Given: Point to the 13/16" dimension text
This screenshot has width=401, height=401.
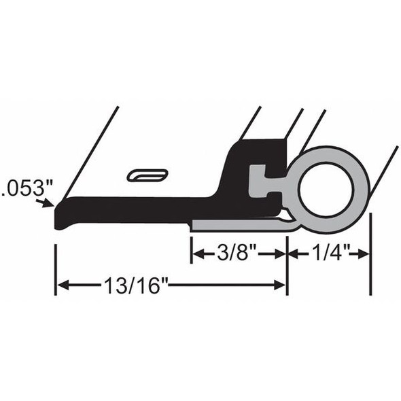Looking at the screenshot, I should click(137, 285).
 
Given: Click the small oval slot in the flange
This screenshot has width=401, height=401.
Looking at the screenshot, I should click(147, 175).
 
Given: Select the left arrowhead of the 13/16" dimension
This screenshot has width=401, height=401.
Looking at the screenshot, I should click(62, 285).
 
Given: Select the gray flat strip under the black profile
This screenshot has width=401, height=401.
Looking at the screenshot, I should click(238, 226).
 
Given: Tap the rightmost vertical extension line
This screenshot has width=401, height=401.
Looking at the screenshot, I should click(370, 255).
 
